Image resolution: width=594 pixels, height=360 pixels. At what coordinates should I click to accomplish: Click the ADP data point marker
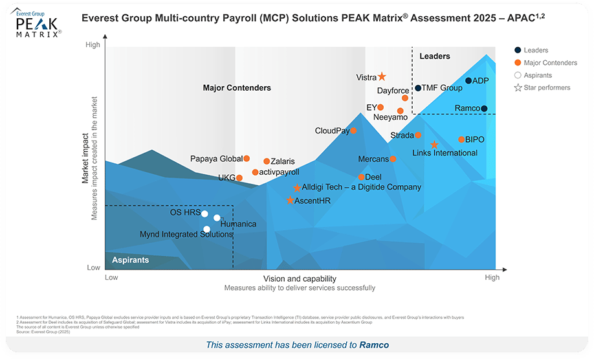point(468,81)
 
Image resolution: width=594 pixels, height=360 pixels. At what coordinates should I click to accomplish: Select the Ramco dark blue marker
point(484,109)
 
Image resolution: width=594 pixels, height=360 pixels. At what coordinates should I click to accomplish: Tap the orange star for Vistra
point(382,77)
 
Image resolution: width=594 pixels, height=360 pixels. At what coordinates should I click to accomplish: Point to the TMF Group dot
point(418,88)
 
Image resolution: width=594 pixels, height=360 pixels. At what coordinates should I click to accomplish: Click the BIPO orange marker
point(461,139)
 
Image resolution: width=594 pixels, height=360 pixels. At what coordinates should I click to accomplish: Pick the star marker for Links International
point(435,145)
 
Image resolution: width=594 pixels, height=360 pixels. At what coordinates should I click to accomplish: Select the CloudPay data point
point(353,131)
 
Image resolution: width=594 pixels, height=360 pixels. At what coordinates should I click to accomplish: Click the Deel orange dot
point(361,177)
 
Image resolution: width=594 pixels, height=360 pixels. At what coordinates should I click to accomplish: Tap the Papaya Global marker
point(247,159)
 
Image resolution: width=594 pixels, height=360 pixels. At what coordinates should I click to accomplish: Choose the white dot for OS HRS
point(204,214)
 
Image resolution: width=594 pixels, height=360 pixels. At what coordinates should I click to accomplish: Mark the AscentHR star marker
point(290,201)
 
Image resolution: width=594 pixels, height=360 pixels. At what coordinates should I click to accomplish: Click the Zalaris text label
point(283,161)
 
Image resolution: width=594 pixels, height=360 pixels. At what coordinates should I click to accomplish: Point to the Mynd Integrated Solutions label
point(186,234)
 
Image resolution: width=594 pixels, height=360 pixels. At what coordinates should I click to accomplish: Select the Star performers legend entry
point(542,87)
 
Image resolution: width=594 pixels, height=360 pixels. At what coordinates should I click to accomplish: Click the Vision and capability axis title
point(299,278)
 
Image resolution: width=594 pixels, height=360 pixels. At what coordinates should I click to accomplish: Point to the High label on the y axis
point(93,45)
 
